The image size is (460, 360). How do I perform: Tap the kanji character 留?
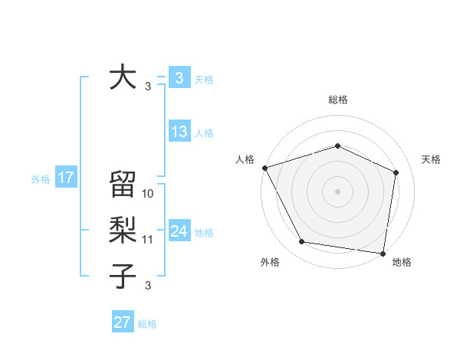[123, 185]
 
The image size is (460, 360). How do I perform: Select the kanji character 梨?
[123, 231]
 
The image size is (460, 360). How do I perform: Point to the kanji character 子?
[123, 277]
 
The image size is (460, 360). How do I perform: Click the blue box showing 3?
[179, 78]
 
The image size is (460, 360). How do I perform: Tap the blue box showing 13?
[179, 132]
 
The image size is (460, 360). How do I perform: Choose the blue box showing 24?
[179, 231]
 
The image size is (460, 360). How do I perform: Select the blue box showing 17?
[66, 178]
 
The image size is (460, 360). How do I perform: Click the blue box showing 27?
[123, 322]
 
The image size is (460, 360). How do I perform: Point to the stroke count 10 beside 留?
[148, 194]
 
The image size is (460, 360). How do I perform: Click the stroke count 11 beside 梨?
[148, 240]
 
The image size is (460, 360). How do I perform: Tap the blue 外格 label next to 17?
[41, 179]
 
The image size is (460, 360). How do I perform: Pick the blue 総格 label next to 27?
[147, 324]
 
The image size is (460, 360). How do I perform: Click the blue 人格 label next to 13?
[204, 133]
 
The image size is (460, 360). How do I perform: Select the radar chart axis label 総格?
[337, 100]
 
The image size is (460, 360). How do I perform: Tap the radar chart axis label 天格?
[431, 159]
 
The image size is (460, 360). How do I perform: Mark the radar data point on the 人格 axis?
[264, 168]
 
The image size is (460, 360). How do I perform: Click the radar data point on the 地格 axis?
[383, 253]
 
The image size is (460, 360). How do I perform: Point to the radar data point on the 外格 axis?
[302, 242]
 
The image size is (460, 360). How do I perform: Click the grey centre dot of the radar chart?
[337, 191]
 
